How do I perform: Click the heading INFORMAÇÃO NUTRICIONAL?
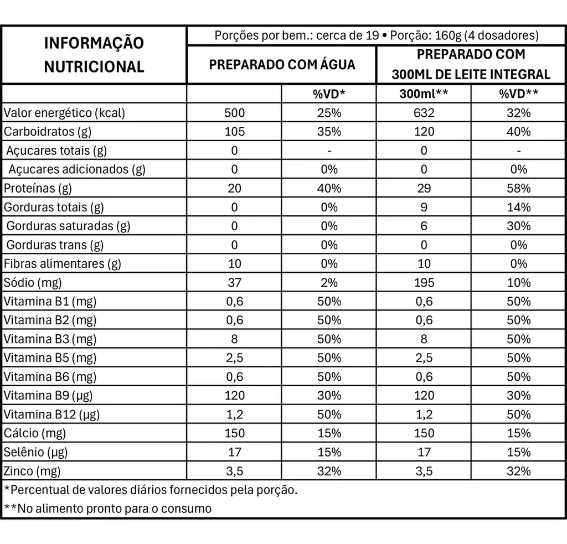94,55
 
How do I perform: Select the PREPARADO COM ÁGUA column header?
282,64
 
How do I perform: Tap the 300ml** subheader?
424,94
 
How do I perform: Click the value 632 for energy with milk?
424,113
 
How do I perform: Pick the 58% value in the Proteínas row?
518,188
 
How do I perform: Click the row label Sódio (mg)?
33,282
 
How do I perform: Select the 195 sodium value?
424,282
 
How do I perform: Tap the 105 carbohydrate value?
234,132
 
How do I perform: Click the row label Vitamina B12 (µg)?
51,414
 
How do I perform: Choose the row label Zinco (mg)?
32,471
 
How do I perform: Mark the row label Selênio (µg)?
35,452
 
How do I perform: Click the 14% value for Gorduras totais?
518,207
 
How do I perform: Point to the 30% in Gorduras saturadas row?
518,226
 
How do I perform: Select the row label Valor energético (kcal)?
64,113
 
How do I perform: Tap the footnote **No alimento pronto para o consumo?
108,508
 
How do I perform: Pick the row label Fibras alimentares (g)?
62,263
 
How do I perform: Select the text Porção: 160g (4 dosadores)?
465,35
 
